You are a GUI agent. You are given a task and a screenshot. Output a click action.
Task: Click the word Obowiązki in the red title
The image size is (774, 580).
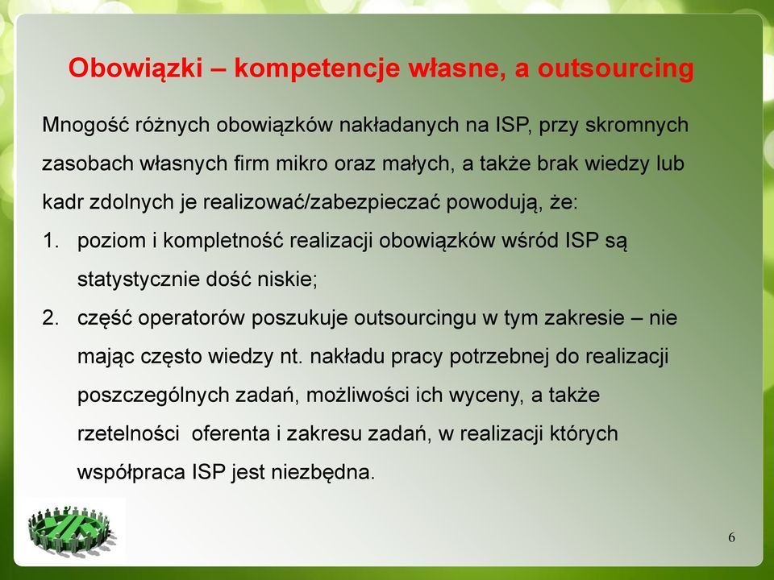pyautogui.click(x=135, y=68)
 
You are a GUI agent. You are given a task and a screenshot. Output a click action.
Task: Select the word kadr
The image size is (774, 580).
pyautogui.click(x=63, y=202)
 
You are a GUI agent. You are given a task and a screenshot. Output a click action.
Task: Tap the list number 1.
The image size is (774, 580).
pyautogui.click(x=51, y=241)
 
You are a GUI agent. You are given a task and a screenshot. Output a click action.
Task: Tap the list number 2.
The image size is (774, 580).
pyautogui.click(x=51, y=317)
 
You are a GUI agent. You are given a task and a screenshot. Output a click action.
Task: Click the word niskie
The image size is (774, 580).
pyautogui.click(x=287, y=280)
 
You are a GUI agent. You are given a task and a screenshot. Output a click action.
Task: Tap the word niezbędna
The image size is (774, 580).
pyautogui.click(x=323, y=473)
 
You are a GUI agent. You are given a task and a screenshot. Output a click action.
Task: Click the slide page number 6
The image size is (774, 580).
pyautogui.click(x=731, y=537)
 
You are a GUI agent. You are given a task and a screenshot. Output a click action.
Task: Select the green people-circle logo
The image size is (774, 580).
pyautogui.click(x=72, y=532)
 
